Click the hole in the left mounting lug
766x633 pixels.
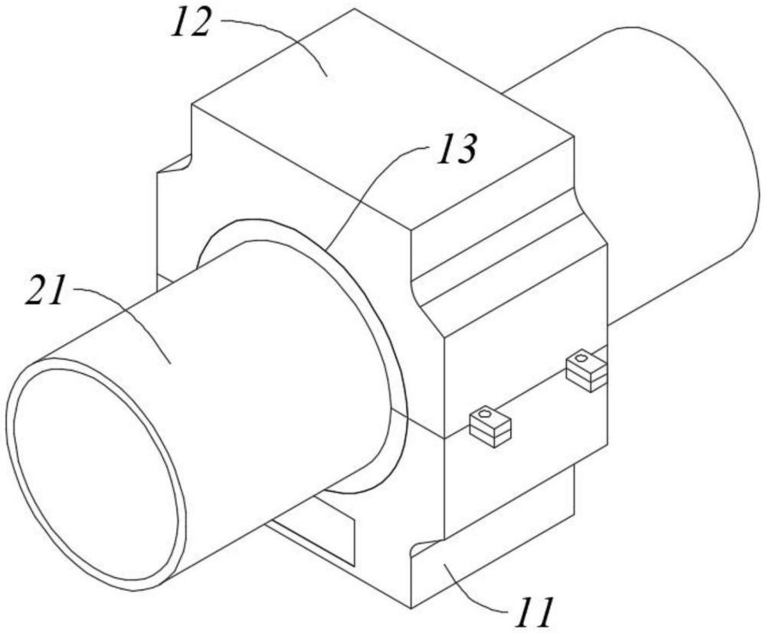coord(484,416)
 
